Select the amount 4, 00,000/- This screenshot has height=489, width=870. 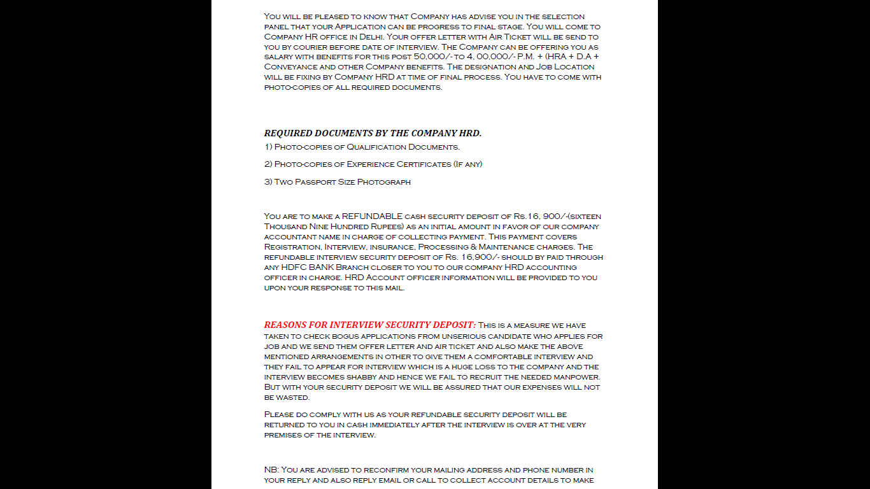pyautogui.click(x=493, y=57)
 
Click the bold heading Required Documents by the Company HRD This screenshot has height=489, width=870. pyautogui.click(x=373, y=133)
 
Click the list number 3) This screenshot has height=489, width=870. pyautogui.click(x=268, y=182)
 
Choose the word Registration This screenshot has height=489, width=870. pyautogui.click(x=292, y=247)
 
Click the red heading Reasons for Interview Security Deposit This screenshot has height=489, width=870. pyautogui.click(x=369, y=325)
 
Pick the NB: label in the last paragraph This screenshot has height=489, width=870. pyautogui.click(x=271, y=470)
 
